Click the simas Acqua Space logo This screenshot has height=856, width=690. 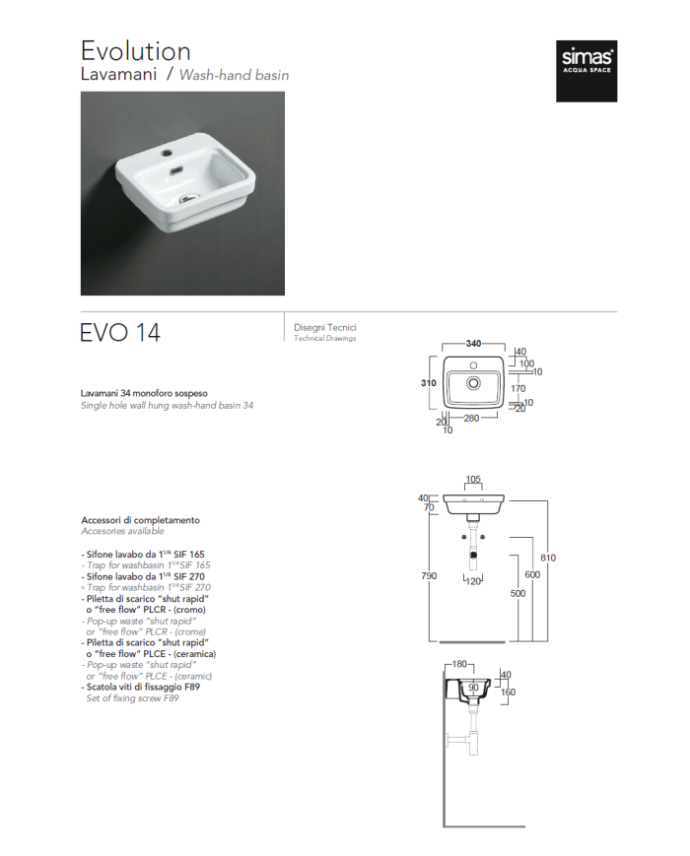click(586, 72)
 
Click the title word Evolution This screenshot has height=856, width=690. click(136, 50)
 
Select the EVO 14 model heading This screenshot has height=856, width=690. click(120, 333)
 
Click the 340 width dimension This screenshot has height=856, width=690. click(473, 344)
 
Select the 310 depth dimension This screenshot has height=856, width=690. click(429, 383)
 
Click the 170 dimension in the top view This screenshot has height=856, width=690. click(517, 388)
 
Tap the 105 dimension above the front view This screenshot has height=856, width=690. click(473, 480)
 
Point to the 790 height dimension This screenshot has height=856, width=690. click(429, 574)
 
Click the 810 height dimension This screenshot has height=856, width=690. click(548, 559)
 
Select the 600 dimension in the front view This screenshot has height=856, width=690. click(532, 574)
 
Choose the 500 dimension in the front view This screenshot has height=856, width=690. click(518, 594)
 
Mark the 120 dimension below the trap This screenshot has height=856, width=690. click(474, 582)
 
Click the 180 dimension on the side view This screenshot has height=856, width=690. click(458, 665)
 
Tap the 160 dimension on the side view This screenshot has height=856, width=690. click(509, 691)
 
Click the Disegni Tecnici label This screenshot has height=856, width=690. click(325, 327)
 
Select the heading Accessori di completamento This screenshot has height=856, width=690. click(140, 520)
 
